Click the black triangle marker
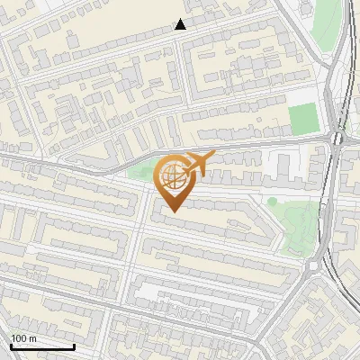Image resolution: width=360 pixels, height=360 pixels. [x=181, y=24]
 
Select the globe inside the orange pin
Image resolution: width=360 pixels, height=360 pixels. [x=172, y=176]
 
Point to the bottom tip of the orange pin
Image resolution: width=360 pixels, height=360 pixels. [x=173, y=211]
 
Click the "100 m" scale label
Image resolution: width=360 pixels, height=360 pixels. [x=23, y=338]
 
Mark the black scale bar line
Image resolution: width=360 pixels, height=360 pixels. [x=41, y=346]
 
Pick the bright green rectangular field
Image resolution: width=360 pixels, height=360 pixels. [x=304, y=118]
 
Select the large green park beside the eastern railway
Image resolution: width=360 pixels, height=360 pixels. [x=301, y=220]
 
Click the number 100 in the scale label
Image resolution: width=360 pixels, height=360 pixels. [x=19, y=338]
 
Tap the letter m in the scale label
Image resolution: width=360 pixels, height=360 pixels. [x=32, y=339]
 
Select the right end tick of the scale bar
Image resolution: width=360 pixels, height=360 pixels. [x=74, y=345]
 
